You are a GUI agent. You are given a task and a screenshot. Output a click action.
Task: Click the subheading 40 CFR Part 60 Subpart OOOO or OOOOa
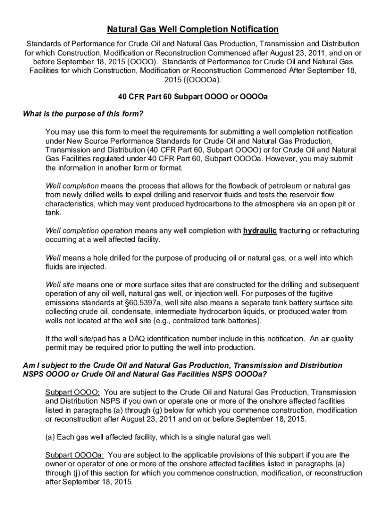tap(192, 97)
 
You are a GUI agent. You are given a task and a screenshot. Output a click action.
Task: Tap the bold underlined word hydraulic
tap(260, 231)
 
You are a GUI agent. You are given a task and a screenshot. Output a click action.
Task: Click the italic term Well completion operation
tap(89, 231)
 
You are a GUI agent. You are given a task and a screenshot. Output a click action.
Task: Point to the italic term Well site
tap(60, 284)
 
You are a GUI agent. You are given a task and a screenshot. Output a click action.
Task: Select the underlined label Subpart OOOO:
tap(72, 392)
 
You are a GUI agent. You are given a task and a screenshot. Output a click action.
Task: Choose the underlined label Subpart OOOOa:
tap(74, 455)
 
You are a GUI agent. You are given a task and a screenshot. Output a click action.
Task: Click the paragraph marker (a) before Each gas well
tap(50, 437)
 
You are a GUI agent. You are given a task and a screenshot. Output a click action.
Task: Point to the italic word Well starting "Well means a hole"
tap(53, 258)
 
